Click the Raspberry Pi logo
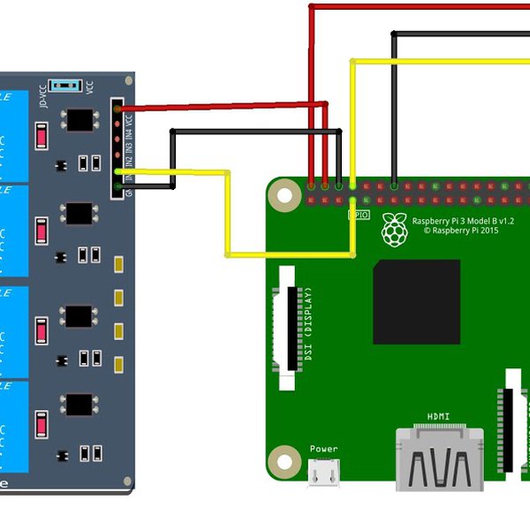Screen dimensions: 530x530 (x=395, y=229)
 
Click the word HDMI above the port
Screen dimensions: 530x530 (x=439, y=416)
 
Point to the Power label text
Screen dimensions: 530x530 (x=323, y=449)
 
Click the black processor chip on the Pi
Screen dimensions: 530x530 (x=416, y=302)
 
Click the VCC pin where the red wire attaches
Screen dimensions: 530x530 (x=117, y=109)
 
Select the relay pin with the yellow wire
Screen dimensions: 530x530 (x=117, y=170)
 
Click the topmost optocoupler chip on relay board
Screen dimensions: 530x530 (x=79, y=118)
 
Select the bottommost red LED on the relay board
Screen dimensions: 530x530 (x=41, y=427)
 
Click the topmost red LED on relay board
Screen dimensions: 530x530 (x=41, y=135)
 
